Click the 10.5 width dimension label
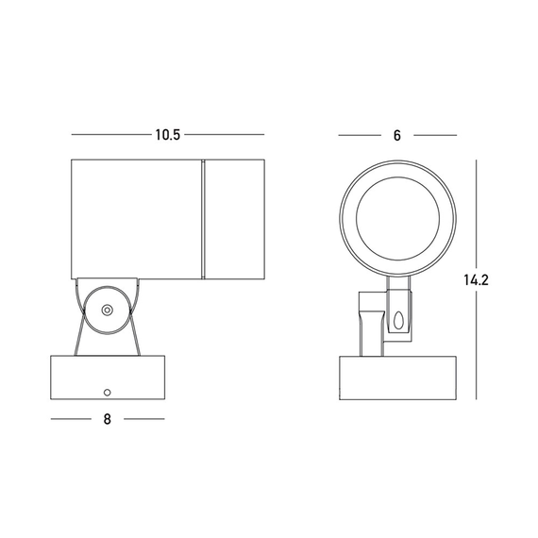[x=167, y=135]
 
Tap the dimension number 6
[x=397, y=136]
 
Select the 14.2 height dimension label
[x=476, y=280]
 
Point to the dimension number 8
[x=108, y=419]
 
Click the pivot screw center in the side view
[x=107, y=311]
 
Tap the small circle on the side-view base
[x=107, y=393]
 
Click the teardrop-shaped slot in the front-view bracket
[x=398, y=321]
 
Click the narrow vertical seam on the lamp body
[x=203, y=219]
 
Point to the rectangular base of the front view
[x=397, y=378]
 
